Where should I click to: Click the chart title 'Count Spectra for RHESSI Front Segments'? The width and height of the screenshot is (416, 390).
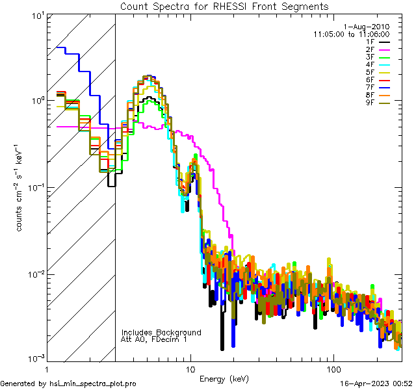tap(224, 6)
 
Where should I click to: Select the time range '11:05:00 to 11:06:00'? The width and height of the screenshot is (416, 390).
tap(351, 34)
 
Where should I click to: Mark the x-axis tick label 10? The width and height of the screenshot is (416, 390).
tap(190, 369)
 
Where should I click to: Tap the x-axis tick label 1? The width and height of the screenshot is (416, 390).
tap(47, 369)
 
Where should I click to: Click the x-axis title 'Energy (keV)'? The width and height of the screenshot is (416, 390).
tap(224, 378)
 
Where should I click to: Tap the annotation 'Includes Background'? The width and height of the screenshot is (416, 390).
tap(161, 332)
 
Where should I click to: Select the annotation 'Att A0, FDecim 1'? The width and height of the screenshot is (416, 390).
tap(154, 339)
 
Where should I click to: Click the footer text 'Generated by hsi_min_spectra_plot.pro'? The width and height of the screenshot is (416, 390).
tap(68, 384)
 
